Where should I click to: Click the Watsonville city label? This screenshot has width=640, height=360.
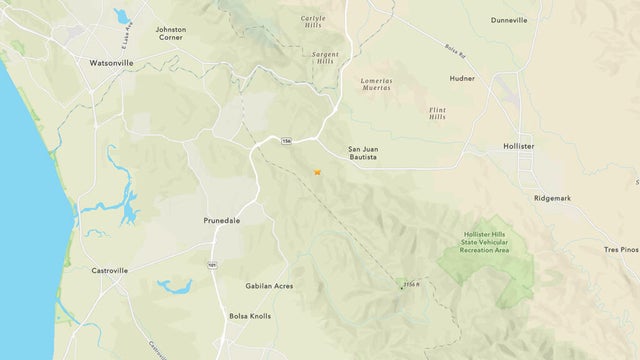pos(90,62)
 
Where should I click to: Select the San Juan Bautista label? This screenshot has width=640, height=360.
pos(362,153)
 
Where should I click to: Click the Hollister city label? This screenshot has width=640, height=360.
pos(520,146)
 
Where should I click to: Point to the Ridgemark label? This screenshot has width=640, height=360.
pos(552,198)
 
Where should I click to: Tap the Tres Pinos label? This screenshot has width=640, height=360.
pos(621,249)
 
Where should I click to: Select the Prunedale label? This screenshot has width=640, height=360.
pos(223,219)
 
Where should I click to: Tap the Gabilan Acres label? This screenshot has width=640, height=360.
pos(269,286)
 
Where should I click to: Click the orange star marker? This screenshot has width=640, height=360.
pos(317,172)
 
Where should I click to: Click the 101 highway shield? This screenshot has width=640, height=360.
pos(212,265)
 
